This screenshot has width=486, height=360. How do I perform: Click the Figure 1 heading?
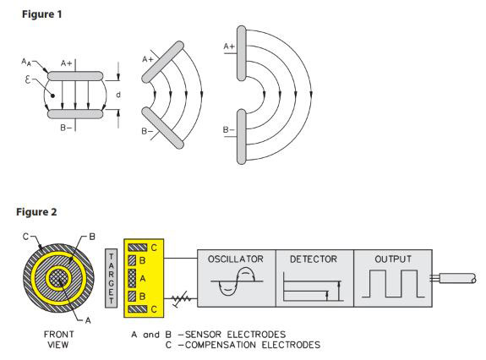42,14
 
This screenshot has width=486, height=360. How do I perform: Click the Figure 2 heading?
36,212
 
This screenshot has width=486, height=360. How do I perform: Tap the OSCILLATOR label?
236,259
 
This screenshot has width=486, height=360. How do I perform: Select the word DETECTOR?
314,259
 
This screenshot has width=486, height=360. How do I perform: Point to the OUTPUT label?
393,259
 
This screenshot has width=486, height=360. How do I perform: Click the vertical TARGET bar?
112,278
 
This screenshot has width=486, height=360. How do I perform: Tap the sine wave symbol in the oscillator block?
237,281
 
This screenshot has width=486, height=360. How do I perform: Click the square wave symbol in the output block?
393,284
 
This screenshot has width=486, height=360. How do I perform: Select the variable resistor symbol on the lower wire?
181,298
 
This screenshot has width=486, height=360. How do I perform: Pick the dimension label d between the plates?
118,95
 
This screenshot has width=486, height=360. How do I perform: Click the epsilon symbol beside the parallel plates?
28,80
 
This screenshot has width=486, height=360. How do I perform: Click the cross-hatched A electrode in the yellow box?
132,278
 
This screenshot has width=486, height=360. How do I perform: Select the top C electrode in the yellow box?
137,248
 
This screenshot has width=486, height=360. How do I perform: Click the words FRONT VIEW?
58,339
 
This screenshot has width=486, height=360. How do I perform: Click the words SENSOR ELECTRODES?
235,335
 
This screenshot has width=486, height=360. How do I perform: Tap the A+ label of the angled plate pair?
148,59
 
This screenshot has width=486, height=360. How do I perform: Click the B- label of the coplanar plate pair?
229,129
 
